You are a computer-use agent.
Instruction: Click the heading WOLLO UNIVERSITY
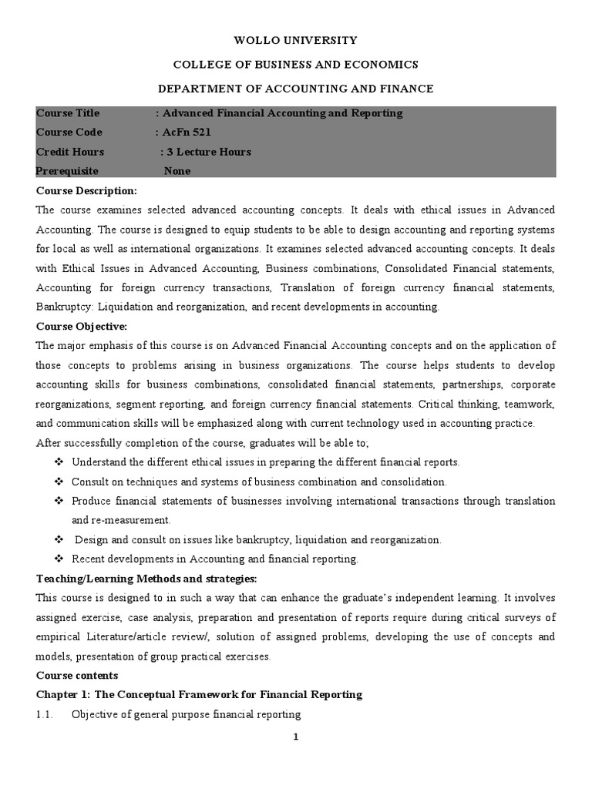[296, 40]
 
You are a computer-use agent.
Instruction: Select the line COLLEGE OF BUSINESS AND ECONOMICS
[296, 64]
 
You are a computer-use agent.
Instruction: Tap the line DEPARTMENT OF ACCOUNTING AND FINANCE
[296, 89]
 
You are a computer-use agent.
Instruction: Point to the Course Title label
[68, 113]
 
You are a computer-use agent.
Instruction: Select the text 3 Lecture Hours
[210, 152]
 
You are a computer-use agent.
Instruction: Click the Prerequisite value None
[177, 171]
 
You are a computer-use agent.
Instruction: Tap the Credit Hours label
[70, 152]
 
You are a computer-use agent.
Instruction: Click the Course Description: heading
[86, 190]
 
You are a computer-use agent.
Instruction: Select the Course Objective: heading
[82, 326]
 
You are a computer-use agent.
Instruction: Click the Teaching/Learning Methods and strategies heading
[146, 579]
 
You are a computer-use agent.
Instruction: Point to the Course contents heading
[76, 676]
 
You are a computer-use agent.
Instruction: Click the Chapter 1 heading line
[199, 695]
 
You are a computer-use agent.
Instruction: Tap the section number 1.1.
[44, 714]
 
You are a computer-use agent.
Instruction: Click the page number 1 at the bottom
[295, 737]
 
